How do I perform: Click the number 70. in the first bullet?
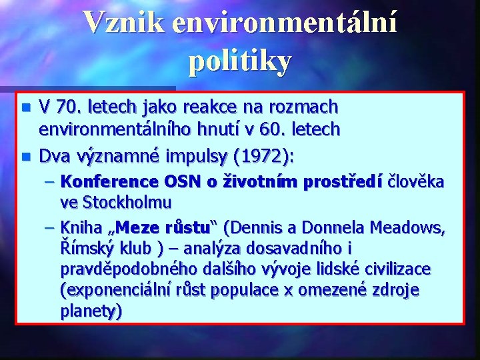(68, 107)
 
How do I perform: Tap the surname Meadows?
(408, 228)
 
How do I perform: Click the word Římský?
(87, 249)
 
